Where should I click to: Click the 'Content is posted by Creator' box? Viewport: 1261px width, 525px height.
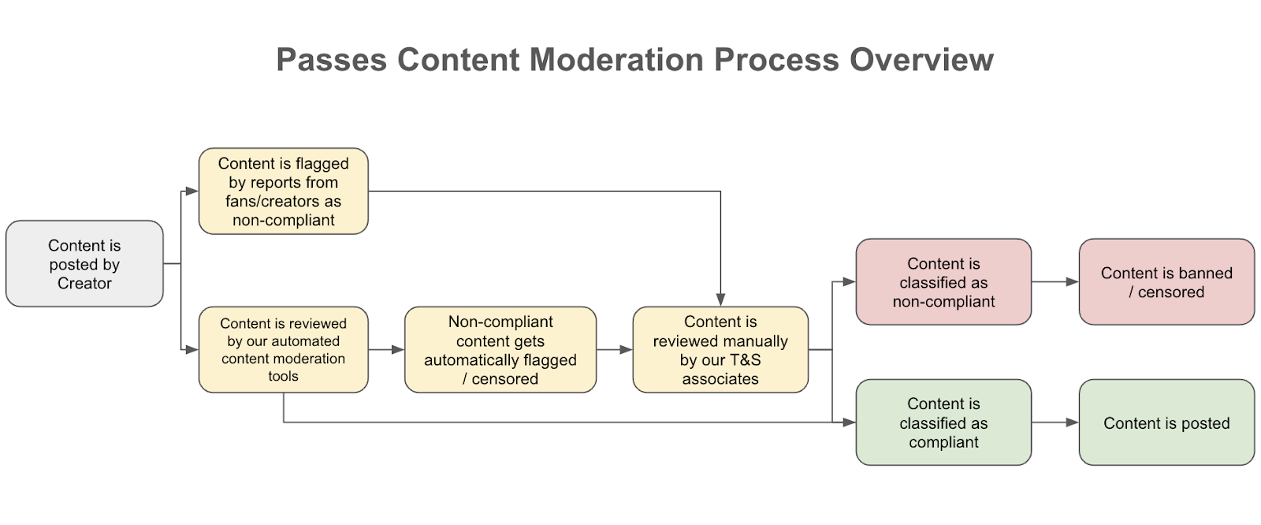[x=84, y=263]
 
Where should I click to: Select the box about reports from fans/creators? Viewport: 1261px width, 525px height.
[x=283, y=191]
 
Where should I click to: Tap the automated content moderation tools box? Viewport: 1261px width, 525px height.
[x=283, y=349]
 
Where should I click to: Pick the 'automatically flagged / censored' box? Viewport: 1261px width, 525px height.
[x=500, y=349]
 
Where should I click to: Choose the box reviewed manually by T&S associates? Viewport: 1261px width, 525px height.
[x=720, y=349]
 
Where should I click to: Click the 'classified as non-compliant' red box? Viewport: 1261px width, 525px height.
[x=943, y=281]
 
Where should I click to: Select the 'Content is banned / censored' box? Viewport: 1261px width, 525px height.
[x=1166, y=281]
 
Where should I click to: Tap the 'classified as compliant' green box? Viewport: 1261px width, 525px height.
[x=943, y=423]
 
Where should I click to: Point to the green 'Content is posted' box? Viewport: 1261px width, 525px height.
[x=1166, y=423]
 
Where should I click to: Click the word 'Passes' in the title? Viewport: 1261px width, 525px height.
[x=332, y=60]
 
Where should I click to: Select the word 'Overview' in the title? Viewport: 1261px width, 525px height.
[x=921, y=60]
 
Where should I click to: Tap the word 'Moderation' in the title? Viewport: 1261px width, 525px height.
[x=616, y=60]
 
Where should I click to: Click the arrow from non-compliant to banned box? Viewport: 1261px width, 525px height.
[x=1055, y=281]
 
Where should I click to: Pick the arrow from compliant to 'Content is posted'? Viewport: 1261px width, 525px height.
[x=1055, y=423]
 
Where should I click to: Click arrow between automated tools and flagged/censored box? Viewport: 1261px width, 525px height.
[x=387, y=349]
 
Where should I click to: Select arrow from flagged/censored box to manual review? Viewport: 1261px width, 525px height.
[x=615, y=349]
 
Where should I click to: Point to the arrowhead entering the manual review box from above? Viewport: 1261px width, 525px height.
[x=720, y=300]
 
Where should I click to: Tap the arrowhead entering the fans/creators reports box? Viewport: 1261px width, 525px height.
[x=192, y=191]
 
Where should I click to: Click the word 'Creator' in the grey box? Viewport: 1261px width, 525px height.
[x=84, y=283]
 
